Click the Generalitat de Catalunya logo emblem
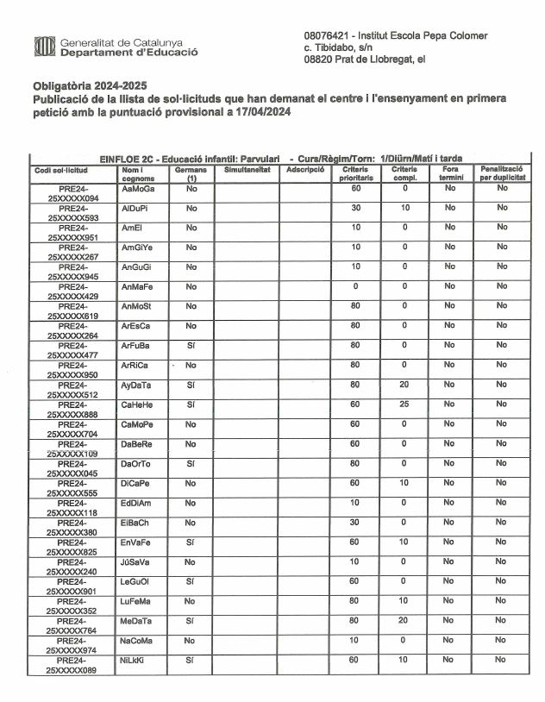[43, 47]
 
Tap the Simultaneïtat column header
[246, 169]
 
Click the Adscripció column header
[304, 169]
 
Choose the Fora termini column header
[450, 173]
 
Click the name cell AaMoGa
[139, 188]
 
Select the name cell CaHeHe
[138, 404]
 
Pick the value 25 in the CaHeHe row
[404, 404]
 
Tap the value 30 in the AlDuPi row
[354, 208]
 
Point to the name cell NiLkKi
[136, 660]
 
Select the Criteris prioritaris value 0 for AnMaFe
[354, 286]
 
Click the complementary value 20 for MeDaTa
[404, 621]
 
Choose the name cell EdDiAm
[137, 503]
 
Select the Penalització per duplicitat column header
[501, 173]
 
